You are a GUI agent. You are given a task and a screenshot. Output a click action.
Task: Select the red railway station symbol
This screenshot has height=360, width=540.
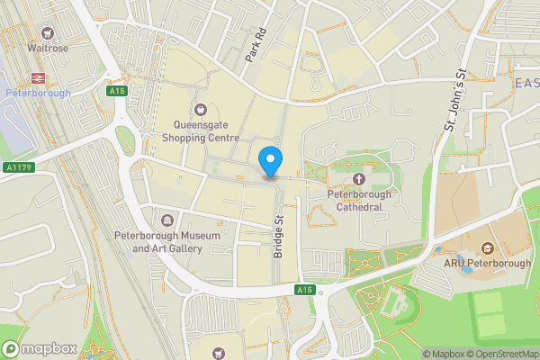tap(38, 77)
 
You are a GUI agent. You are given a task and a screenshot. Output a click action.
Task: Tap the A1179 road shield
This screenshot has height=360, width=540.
tap(17, 166)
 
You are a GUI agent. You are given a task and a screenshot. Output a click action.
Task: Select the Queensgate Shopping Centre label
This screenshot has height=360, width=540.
tap(201, 132)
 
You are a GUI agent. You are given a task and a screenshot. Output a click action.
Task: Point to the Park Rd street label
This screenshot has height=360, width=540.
tap(257, 45)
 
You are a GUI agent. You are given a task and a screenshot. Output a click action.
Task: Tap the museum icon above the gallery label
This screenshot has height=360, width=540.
tap(167, 220)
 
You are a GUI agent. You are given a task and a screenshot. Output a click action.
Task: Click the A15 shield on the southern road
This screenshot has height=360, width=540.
tap(306, 289)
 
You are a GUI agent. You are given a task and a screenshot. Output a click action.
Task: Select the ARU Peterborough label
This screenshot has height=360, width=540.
tap(487, 263)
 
